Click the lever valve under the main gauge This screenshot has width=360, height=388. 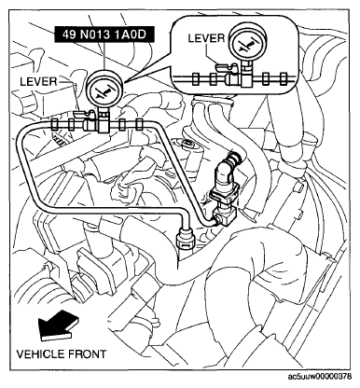90,119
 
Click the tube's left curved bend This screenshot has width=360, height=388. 23,140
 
